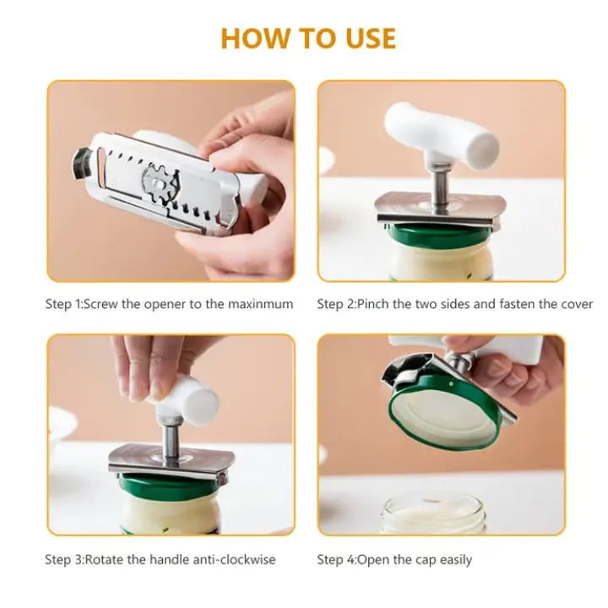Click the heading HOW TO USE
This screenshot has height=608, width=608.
click(307, 38)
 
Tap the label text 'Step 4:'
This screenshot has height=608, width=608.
click(337, 559)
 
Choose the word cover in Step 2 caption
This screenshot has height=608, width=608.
click(575, 304)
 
